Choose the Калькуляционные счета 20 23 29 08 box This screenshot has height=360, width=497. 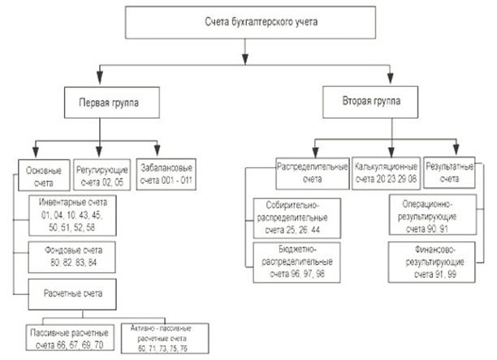(387, 172)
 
